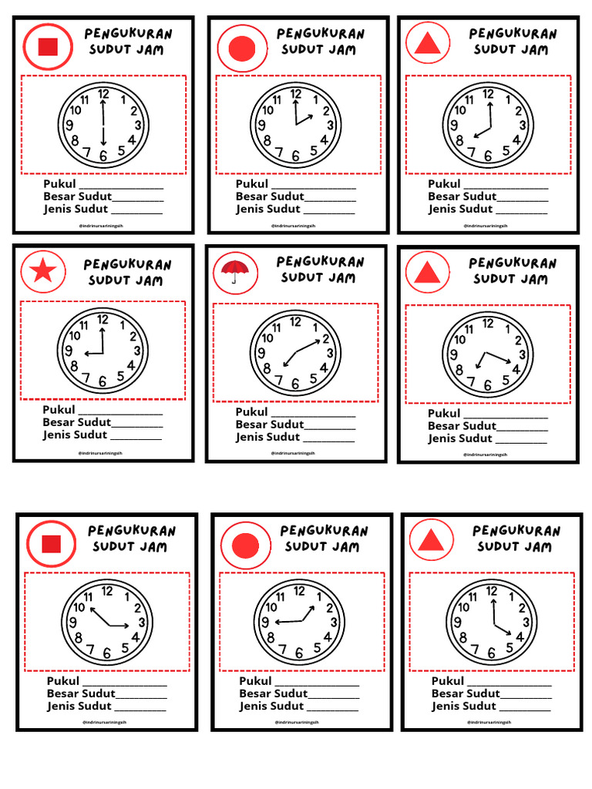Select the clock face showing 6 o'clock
coord(103,126)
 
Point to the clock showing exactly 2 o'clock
coord(295,126)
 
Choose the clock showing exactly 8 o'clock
coord(488,126)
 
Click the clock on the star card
coord(103,351)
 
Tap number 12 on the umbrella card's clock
coord(295,321)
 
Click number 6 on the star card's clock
coord(103,380)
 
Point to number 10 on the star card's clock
coord(75,336)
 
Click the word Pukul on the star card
coord(59,410)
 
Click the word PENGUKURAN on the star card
coord(128,264)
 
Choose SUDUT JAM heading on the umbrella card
coord(318,277)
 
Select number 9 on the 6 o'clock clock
coord(69,126)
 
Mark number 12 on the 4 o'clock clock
coord(492,591)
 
